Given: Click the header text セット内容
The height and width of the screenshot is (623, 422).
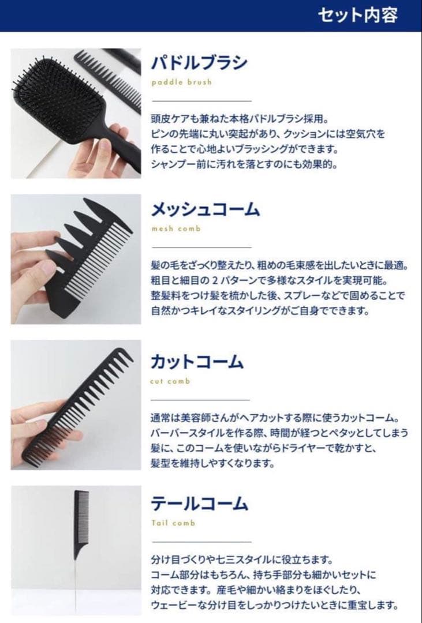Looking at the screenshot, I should (x=358, y=15).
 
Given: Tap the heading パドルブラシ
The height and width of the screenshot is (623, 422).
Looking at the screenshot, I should (x=199, y=62).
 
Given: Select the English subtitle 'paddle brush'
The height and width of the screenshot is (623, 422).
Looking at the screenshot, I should (x=181, y=82).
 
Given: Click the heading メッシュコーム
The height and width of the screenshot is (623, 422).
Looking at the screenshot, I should (x=205, y=208).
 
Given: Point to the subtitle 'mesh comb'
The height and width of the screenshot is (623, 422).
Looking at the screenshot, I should (x=175, y=229).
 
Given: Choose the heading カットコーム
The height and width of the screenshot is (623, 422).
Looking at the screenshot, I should (x=197, y=362).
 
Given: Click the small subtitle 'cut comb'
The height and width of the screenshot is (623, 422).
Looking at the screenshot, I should (x=170, y=381).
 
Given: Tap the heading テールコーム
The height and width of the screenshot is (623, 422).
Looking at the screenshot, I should (x=199, y=504).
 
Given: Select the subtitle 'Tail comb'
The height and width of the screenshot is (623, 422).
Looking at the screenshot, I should (x=173, y=523).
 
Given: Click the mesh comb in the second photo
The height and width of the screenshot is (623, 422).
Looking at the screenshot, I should (x=92, y=254).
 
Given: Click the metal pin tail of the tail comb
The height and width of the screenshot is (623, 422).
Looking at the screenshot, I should (x=75, y=577).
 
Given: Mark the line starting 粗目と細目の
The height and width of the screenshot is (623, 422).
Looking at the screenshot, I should (x=268, y=281).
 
